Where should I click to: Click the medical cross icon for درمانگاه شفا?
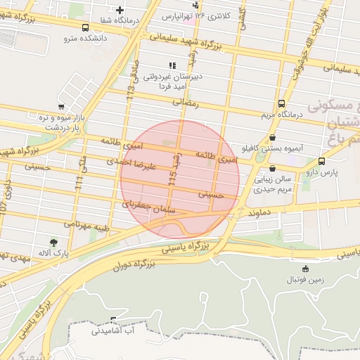coord(120,10)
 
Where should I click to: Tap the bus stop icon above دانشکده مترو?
coord(85,28)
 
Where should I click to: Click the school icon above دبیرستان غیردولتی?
coord(173,65)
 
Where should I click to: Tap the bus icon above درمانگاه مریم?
coord(282,103)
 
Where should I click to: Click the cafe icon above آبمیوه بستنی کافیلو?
coord(273,138)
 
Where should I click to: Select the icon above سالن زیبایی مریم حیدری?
coord(272,169)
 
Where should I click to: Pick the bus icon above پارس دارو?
coord(321,161)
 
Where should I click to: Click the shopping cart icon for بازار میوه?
coord(61,107)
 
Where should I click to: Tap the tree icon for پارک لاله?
coord(54,242)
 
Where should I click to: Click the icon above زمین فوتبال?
coord(305,269)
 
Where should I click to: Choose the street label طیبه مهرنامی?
coord(87,226)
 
